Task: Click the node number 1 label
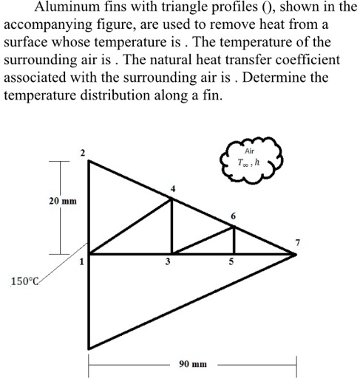83,260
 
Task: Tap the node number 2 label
83,153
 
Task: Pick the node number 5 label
231,262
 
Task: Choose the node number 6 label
234,216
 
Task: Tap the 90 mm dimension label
193,364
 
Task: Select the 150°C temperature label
26,281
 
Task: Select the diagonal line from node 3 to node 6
203,241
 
